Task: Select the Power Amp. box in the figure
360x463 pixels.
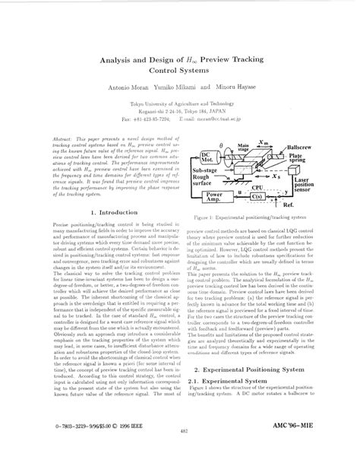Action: (210, 197)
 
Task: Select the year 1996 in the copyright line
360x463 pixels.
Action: (119, 441)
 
